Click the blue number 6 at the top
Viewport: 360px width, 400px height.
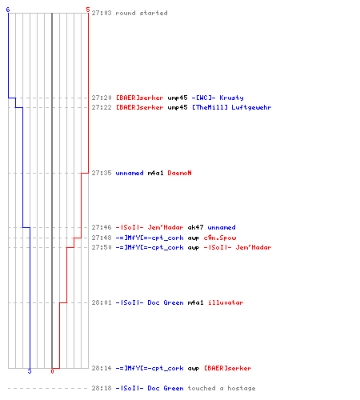tap(8, 10)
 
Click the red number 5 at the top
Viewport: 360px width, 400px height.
tap(88, 10)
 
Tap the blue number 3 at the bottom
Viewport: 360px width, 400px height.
tap(30, 371)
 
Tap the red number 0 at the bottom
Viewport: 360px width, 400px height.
tap(52, 371)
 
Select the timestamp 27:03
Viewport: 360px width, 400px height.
tap(102, 13)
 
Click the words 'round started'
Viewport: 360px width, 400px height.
tap(142, 13)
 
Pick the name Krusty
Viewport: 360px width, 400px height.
tap(231, 98)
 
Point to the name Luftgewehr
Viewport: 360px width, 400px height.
tap(251, 107)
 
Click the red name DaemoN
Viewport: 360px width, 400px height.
tap(179, 173)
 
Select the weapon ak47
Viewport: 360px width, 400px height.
tap(195, 227)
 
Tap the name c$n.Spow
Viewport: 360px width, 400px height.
tap(220, 238)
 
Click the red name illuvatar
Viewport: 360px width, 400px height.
tap(226, 302)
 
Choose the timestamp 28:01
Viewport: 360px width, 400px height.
tap(102, 302)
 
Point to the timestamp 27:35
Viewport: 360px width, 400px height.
tap(102, 173)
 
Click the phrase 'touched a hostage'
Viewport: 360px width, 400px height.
tap(222, 388)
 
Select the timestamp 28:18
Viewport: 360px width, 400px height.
tap(102, 388)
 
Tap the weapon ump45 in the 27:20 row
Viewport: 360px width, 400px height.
tap(178, 98)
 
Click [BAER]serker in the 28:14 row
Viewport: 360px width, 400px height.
tap(227, 368)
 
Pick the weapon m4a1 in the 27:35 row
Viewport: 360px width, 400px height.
tap(155, 173)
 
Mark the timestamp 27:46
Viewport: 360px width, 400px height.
tap(102, 227)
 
